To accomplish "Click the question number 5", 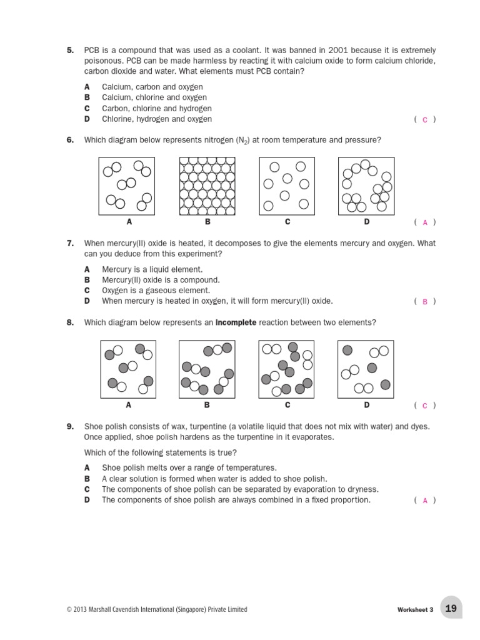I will click(x=70, y=50).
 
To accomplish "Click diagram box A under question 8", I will click(x=128, y=369).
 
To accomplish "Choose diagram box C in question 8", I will click(x=286, y=369).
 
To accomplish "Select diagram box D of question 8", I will click(x=366, y=369).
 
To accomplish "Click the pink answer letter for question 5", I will click(x=425, y=119).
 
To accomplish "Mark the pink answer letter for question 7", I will click(x=425, y=301).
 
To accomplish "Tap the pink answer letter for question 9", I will click(x=425, y=501).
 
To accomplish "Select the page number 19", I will click(x=451, y=609).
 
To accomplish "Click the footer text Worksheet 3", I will click(x=415, y=610).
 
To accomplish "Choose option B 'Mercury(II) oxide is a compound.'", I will click(x=161, y=280).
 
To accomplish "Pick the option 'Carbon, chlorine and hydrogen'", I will click(x=156, y=108).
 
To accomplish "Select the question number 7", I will click(x=70, y=242).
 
